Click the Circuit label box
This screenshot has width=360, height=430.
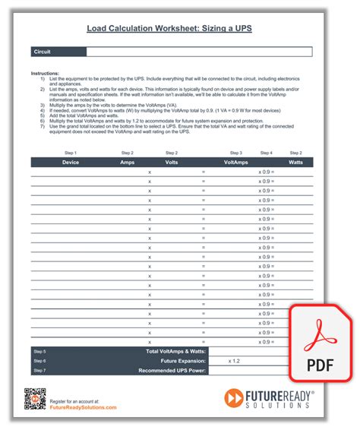(58, 52)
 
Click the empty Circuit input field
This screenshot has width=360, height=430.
(199, 52)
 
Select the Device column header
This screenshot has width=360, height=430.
(70, 162)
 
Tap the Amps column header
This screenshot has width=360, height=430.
(127, 162)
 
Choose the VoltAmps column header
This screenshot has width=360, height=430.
(235, 162)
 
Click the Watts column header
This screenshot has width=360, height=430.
(295, 162)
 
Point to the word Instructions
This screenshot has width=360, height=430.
(45, 73)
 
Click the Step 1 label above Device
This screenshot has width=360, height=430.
(70, 153)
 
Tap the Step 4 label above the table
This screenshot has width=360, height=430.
(266, 153)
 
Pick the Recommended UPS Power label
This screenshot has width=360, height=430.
(172, 370)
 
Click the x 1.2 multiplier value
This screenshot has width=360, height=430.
(237, 361)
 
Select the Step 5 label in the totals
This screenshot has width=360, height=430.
(39, 351)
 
